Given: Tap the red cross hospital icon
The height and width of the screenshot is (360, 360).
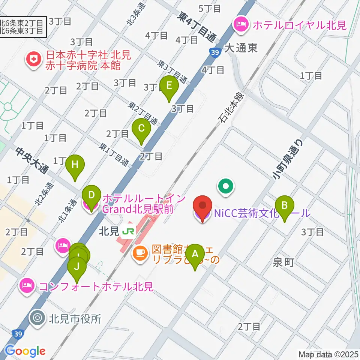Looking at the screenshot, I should [34, 60].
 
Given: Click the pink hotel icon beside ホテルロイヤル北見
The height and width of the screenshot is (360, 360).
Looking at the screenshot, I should [240, 25].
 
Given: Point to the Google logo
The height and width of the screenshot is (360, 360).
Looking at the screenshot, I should [25, 351].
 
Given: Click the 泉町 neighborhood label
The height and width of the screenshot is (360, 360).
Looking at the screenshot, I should [283, 262].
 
